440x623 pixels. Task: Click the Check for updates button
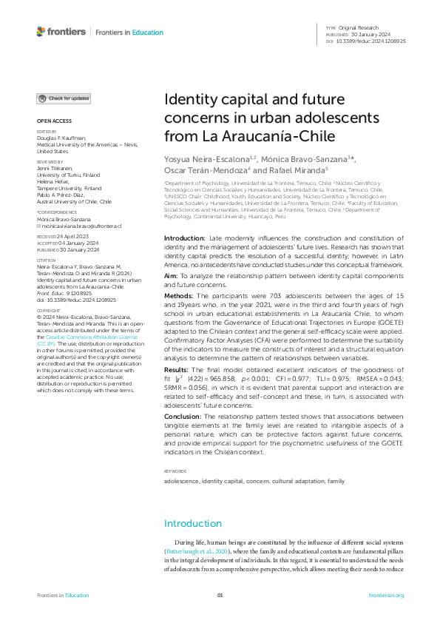(x=64, y=98)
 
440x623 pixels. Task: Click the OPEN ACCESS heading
(x=54, y=121)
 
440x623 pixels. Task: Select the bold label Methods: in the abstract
(x=178, y=295)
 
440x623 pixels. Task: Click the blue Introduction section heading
(x=192, y=524)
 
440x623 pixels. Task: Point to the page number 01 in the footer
(x=220, y=596)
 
